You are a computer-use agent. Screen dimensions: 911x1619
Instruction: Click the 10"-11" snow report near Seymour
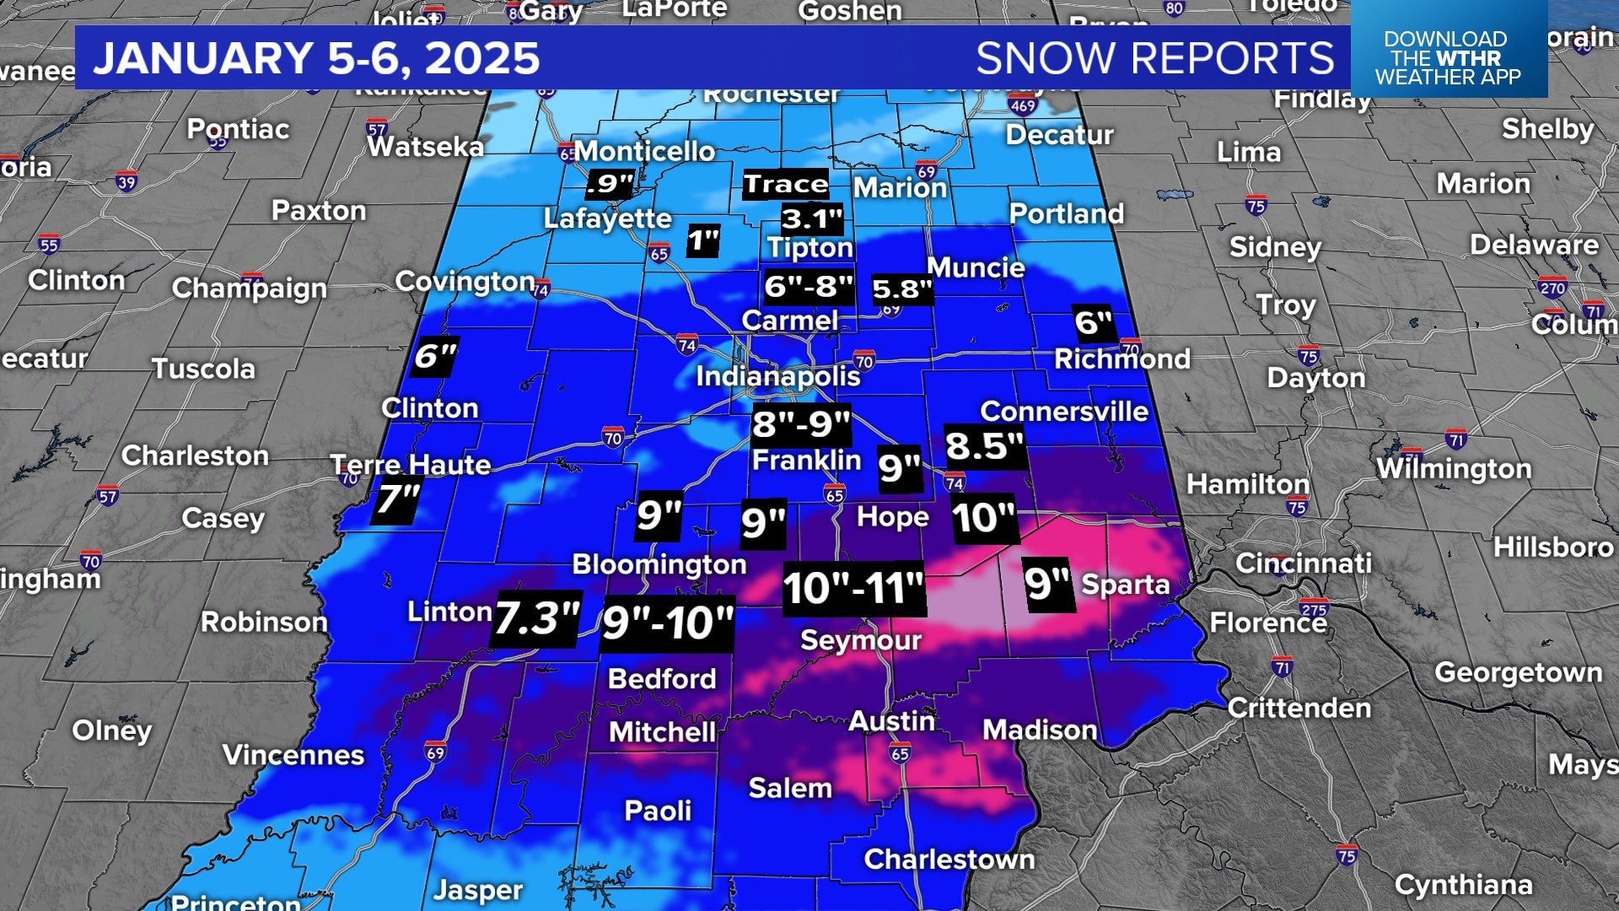click(853, 588)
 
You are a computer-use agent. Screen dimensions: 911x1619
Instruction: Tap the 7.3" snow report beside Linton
click(536, 618)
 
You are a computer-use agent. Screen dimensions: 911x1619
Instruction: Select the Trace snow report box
click(786, 184)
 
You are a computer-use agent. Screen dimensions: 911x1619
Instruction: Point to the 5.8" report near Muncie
click(901, 289)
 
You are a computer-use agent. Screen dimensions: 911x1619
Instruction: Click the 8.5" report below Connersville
click(983, 446)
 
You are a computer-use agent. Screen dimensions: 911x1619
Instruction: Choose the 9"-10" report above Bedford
click(667, 623)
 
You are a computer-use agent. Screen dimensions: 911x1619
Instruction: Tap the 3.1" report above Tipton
click(811, 219)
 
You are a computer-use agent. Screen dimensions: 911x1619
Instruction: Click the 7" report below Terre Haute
click(397, 499)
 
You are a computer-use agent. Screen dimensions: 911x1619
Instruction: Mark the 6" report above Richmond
click(1094, 322)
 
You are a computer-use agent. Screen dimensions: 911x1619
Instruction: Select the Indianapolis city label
click(777, 375)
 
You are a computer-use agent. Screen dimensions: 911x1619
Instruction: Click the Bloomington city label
click(659, 564)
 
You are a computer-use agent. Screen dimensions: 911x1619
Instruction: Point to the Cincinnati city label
click(1303, 563)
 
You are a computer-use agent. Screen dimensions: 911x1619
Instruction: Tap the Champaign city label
click(249, 288)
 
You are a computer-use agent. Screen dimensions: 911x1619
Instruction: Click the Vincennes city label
click(293, 754)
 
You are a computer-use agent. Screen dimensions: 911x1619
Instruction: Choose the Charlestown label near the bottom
click(949, 859)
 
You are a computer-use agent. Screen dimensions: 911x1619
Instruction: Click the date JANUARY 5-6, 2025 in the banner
click(316, 58)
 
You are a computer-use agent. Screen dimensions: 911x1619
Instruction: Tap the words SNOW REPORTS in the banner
click(1154, 58)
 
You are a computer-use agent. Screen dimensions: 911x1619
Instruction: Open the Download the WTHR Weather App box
click(1448, 57)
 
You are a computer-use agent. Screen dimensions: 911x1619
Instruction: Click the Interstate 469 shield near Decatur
click(1022, 105)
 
